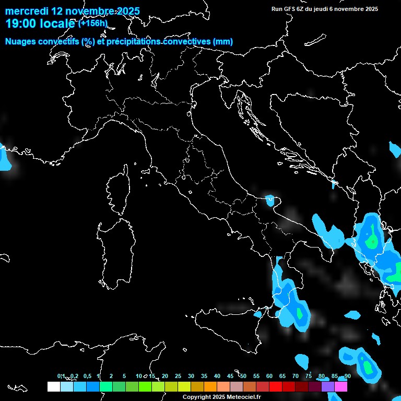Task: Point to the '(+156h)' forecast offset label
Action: click(92, 23)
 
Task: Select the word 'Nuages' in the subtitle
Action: click(20, 42)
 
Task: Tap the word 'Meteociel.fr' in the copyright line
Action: click(244, 397)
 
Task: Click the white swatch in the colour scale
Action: click(53, 387)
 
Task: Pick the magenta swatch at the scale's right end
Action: click(341, 387)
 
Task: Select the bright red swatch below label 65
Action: click(276, 387)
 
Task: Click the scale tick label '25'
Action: click(178, 376)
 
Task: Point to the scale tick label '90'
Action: click(347, 376)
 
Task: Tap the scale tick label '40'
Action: click(217, 376)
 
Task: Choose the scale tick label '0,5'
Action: click(87, 376)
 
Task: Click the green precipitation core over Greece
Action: click(372, 241)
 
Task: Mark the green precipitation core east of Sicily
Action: click(300, 313)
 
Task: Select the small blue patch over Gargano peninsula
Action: click(270, 199)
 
